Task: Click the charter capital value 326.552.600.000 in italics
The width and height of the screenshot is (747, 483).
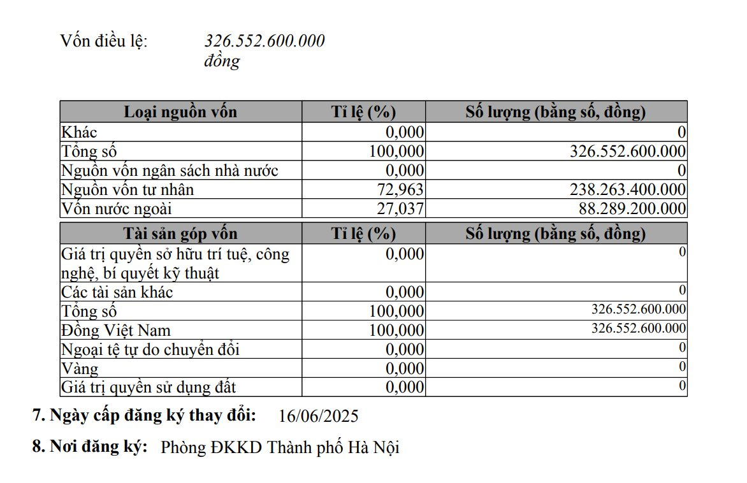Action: (264, 41)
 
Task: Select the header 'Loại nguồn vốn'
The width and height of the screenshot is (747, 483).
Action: (180, 112)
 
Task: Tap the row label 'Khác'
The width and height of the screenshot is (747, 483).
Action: (79, 132)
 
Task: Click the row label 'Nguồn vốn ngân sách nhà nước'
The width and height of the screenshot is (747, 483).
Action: (170, 171)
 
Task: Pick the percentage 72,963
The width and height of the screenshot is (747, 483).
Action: (396, 190)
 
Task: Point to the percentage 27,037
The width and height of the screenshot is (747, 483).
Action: (396, 209)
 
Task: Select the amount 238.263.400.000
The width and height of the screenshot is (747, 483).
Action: (627, 190)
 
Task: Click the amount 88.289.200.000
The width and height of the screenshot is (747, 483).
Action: (632, 209)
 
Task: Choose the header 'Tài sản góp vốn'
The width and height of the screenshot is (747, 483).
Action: (180, 234)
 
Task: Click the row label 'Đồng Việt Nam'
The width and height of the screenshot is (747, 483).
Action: (116, 331)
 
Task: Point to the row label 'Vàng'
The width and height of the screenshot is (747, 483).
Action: (80, 369)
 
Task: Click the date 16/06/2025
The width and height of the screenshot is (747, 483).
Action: (319, 417)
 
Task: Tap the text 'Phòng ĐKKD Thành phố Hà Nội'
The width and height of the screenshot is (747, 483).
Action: (280, 447)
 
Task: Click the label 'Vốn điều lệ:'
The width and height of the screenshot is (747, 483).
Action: (103, 41)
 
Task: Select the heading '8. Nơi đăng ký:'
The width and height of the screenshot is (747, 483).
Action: (90, 447)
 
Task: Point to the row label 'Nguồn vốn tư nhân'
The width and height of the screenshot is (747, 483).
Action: (127, 190)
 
